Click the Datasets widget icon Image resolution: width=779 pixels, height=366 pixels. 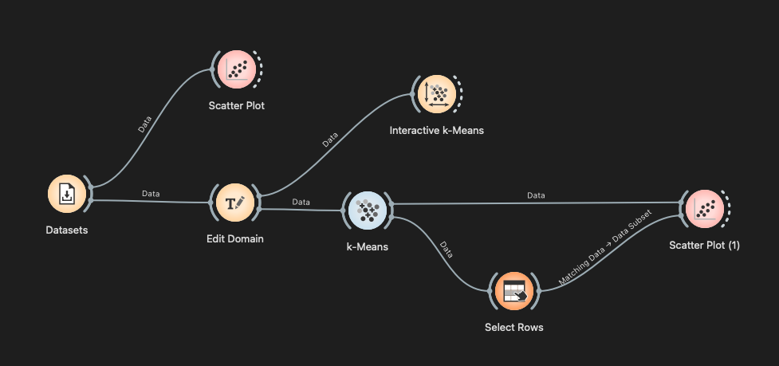(68, 195)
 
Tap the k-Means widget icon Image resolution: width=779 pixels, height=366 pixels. (368, 210)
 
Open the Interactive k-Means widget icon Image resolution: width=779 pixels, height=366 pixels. (437, 95)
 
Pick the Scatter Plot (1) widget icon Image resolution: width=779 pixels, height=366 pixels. (705, 209)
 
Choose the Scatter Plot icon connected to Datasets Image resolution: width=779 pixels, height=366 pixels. (236, 70)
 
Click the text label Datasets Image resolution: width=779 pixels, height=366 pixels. (67, 230)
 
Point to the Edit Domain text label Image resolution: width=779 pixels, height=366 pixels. (235, 238)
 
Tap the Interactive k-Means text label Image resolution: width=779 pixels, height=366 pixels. (436, 130)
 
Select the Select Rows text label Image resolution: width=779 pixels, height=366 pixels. (514, 327)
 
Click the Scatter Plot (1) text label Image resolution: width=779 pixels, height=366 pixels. (705, 246)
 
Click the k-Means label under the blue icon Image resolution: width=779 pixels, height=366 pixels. (368, 246)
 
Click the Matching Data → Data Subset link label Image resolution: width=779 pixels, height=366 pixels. (606, 247)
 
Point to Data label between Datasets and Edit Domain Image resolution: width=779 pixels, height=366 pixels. (150, 194)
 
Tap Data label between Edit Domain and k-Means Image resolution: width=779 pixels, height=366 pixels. (301, 203)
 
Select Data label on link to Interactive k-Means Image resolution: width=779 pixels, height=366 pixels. (329, 140)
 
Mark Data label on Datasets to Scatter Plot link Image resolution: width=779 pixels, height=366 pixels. (144, 124)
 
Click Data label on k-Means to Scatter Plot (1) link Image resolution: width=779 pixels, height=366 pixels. (536, 195)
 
